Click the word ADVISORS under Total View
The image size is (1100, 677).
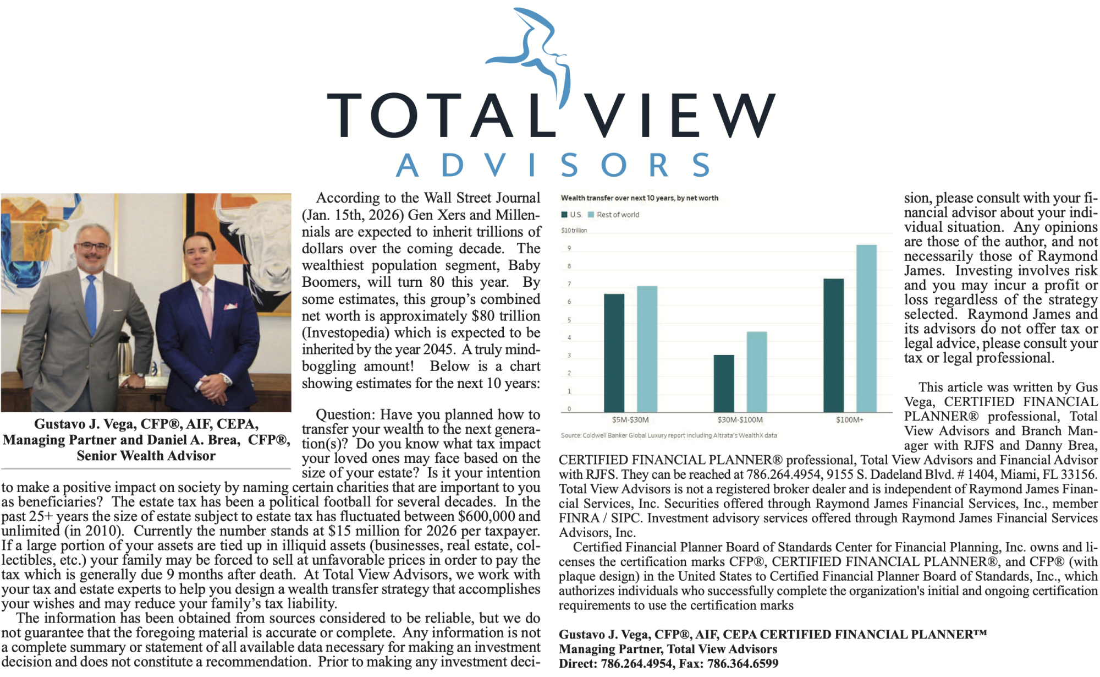pyautogui.click(x=553, y=165)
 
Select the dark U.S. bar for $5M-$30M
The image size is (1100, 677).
pyautogui.click(x=614, y=352)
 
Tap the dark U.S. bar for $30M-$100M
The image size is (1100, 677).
pyautogui.click(x=724, y=383)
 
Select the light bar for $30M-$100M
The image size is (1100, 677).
pyautogui.click(x=756, y=372)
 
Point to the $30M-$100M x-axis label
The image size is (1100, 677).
pyautogui.click(x=740, y=420)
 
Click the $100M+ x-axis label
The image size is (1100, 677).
pyautogui.click(x=849, y=420)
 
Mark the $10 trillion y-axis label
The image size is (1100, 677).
pyautogui.click(x=574, y=231)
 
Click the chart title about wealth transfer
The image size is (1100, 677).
pyautogui.click(x=639, y=198)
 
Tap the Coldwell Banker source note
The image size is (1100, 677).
pyautogui.click(x=668, y=435)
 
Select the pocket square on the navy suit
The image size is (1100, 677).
pyautogui.click(x=230, y=306)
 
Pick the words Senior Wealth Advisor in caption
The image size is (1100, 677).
pyautogui.click(x=146, y=456)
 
